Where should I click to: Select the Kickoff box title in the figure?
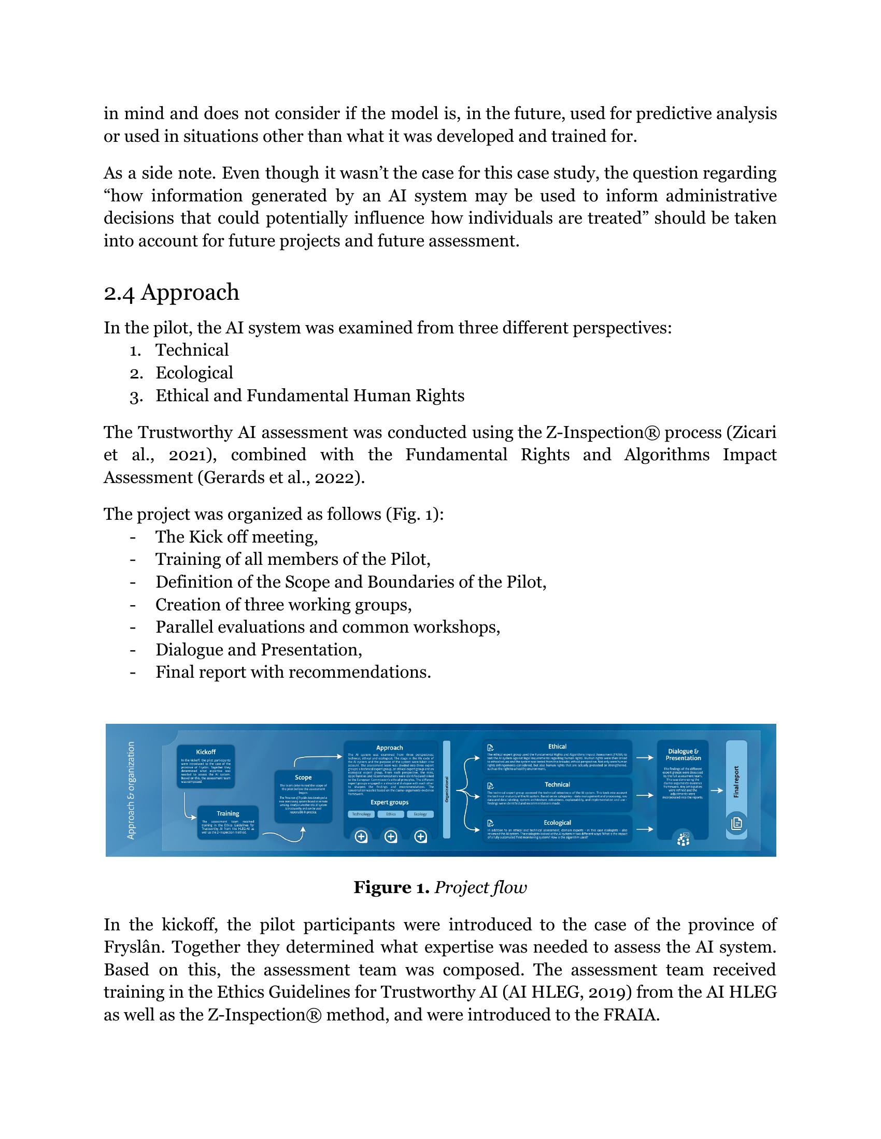pos(206,752)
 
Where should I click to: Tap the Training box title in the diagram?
pos(228,813)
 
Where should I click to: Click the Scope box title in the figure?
pos(303,777)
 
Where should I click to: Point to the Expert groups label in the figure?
pos(389,802)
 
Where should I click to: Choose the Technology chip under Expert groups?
pos(361,814)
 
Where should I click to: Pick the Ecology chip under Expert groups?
pos(420,814)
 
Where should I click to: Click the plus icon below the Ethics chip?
pos(390,837)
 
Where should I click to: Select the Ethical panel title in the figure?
pos(557,746)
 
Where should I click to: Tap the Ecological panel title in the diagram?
pos(557,823)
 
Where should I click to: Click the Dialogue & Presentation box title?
pos(683,755)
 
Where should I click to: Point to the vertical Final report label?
pos(736,781)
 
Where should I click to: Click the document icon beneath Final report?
pos(736,823)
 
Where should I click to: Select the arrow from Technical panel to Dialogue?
pos(645,795)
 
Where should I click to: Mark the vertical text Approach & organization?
pos(131,790)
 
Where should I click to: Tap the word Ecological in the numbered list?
pos(194,373)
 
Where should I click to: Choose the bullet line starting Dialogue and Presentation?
pos(259,650)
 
